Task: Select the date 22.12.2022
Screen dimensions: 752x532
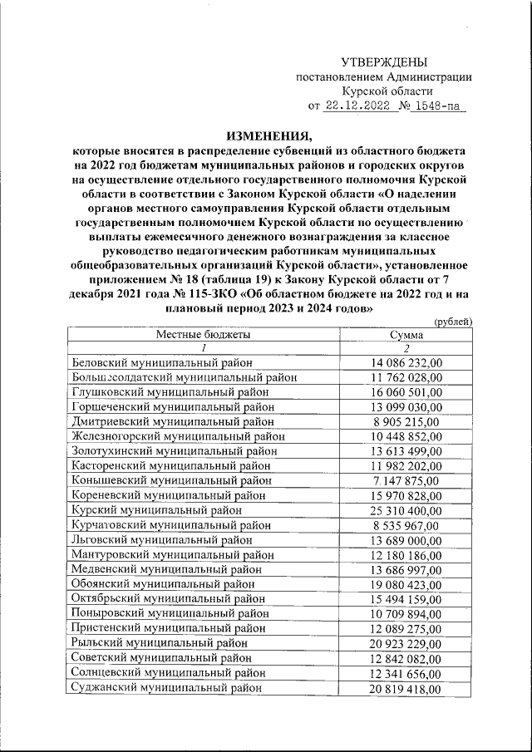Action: [357, 106]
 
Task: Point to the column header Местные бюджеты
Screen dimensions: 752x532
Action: [204, 334]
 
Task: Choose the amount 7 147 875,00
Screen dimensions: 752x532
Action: [407, 481]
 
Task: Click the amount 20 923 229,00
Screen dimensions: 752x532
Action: [407, 643]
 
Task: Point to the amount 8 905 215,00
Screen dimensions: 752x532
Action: [407, 421]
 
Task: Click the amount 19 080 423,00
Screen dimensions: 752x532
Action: [407, 584]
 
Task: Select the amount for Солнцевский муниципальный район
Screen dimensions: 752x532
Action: [407, 673]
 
